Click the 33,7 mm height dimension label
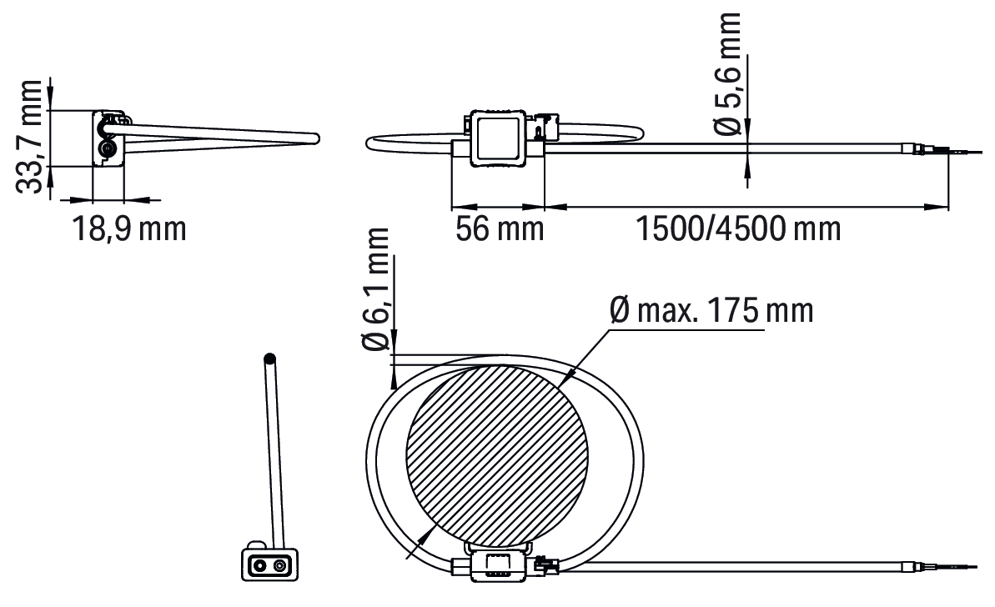pos(29,137)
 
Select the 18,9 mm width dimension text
pos(129,228)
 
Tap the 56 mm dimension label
pos(500,228)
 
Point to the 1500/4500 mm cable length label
pos(738,228)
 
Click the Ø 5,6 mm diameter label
pos(728,74)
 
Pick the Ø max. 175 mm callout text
pos(711,310)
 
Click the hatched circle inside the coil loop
pos(497,456)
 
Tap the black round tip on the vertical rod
pos(269,359)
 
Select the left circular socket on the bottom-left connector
pos(259,564)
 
